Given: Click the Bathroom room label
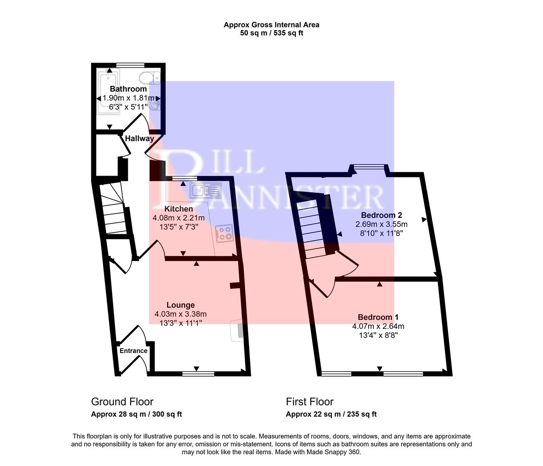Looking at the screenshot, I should (128, 89).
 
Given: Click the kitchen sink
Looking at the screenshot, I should (206, 189).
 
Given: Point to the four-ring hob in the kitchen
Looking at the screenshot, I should (224, 233).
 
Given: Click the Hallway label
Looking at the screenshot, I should (139, 139).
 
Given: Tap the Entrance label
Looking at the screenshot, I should (133, 351).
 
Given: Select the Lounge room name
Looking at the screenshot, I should (180, 305).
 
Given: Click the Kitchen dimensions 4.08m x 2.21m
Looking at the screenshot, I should (179, 218).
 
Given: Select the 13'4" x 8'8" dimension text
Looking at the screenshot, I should (378, 335).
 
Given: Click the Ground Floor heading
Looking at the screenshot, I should (122, 402).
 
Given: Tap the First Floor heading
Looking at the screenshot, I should (309, 402).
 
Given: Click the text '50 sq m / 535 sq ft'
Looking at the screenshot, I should (271, 33).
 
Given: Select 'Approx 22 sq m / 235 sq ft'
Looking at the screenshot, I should (331, 414).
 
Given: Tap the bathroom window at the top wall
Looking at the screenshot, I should (130, 65).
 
